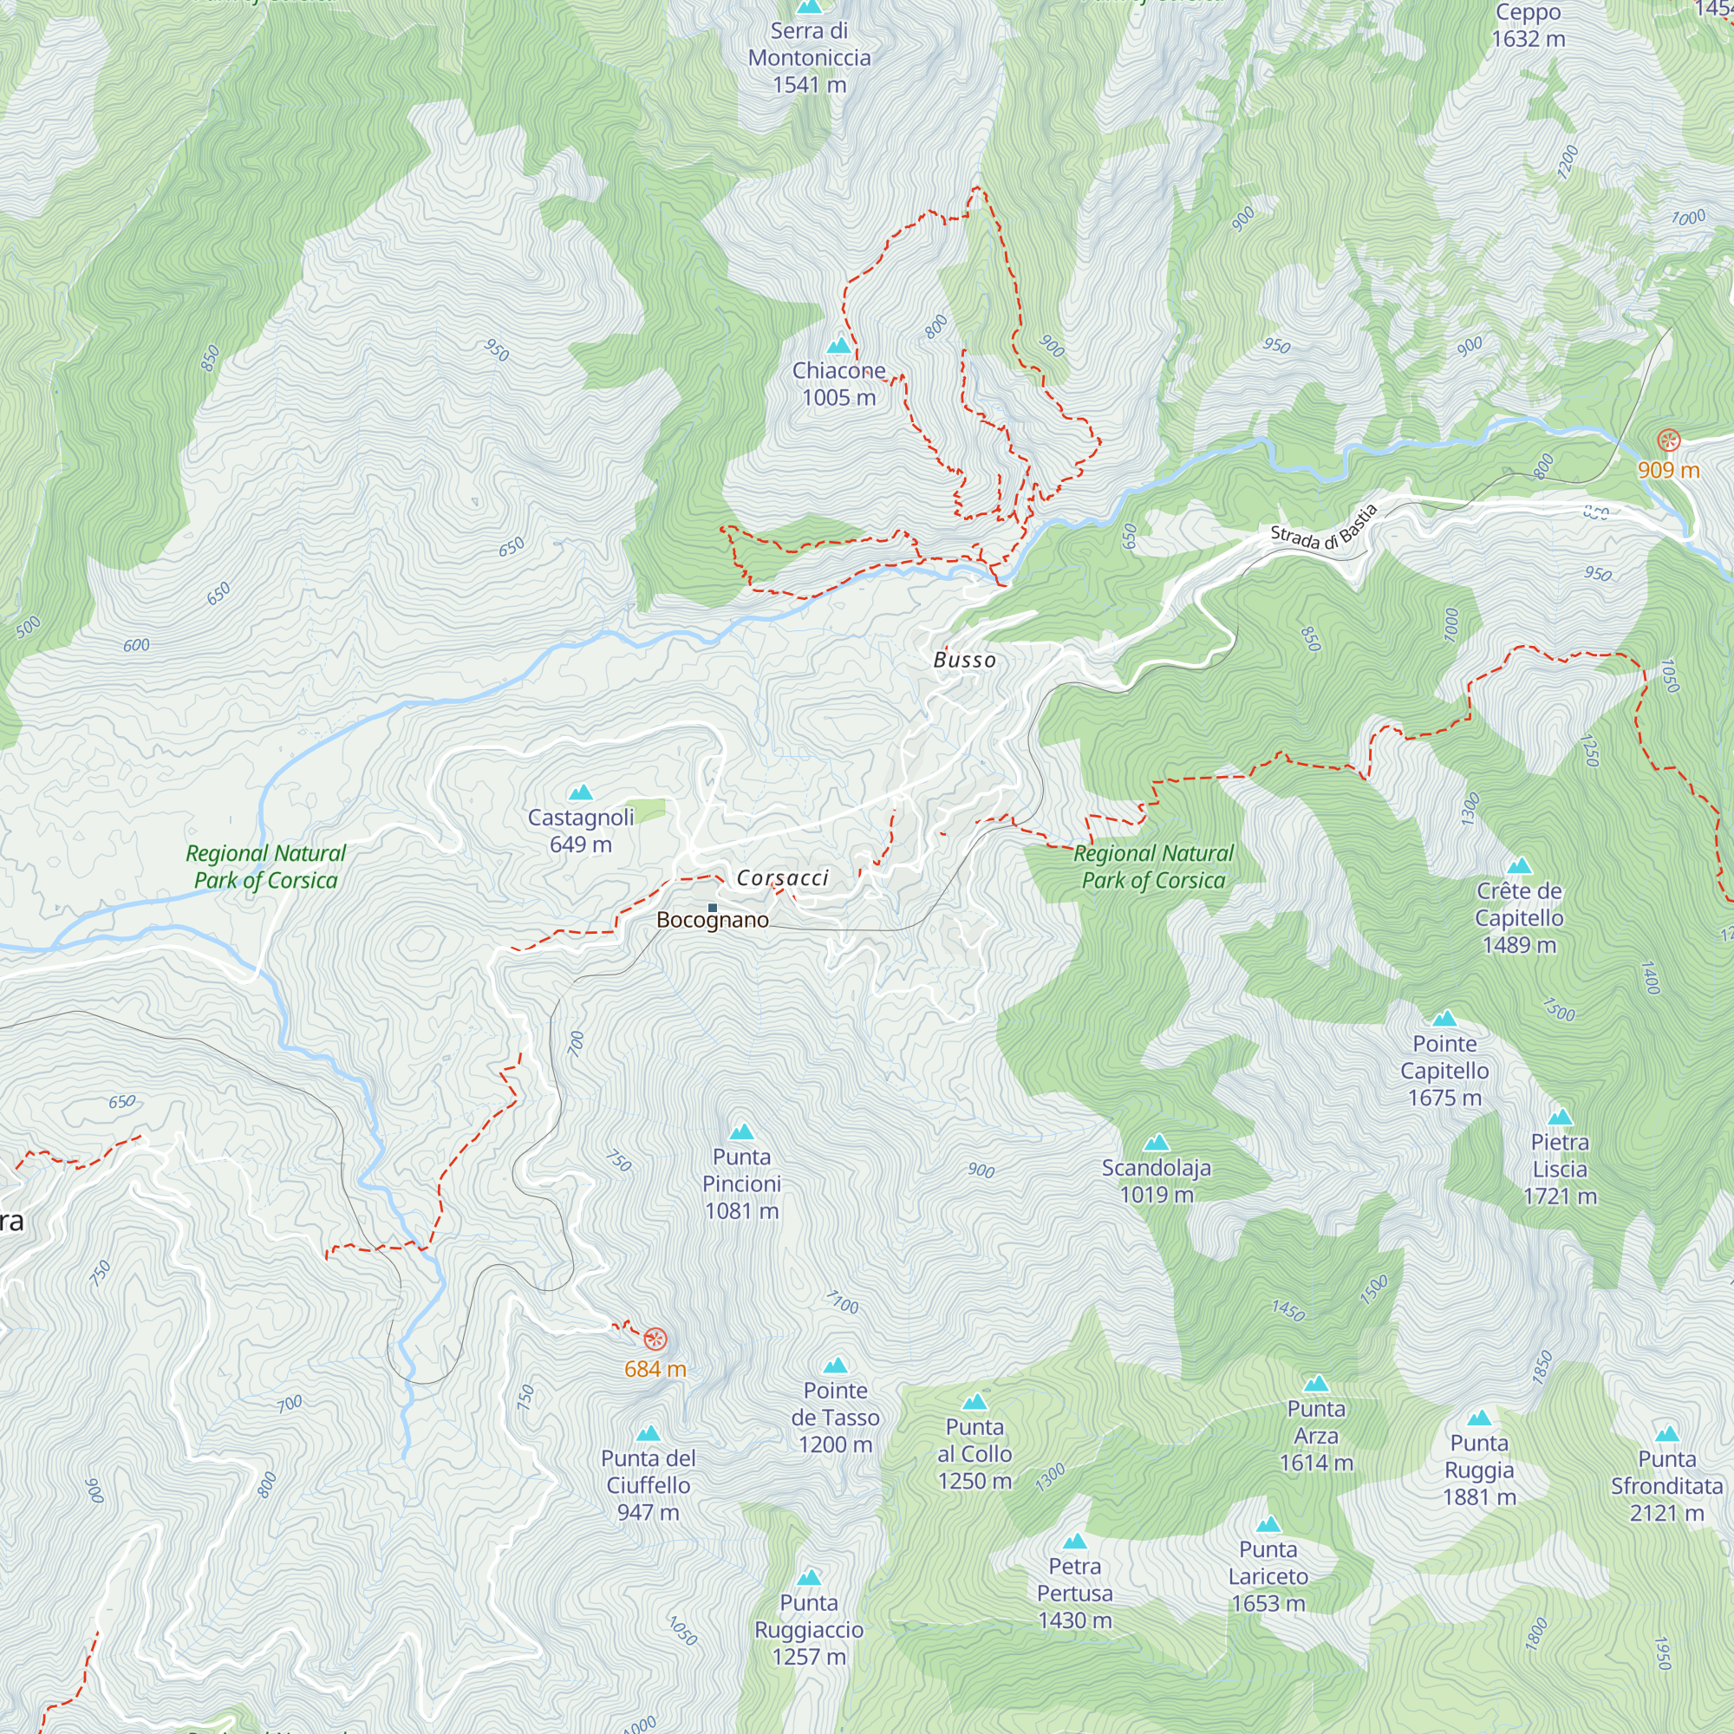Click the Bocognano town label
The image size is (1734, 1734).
pyautogui.click(x=713, y=920)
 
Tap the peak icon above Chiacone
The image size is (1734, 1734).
pyautogui.click(x=839, y=346)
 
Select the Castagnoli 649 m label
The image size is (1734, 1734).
pyautogui.click(x=581, y=831)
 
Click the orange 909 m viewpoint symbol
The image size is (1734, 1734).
pyautogui.click(x=1667, y=440)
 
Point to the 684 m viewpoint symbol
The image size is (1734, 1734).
pyautogui.click(x=656, y=1340)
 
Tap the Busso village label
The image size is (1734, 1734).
pyautogui.click(x=965, y=661)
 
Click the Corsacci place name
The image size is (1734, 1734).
pyautogui.click(x=783, y=877)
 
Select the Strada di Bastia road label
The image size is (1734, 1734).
pyautogui.click(x=1324, y=529)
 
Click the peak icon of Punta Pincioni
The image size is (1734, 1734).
pyautogui.click(x=741, y=1131)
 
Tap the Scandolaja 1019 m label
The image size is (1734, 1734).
pyautogui.click(x=1156, y=1180)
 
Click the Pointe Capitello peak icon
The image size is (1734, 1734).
pyautogui.click(x=1444, y=1019)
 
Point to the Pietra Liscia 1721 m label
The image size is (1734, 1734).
pyautogui.click(x=1560, y=1169)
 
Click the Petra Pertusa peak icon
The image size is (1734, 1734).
pyautogui.click(x=1074, y=1542)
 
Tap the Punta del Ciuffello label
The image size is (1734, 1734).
pyautogui.click(x=648, y=1484)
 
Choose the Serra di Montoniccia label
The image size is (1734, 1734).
pyautogui.click(x=810, y=57)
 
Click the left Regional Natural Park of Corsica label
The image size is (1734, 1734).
pyautogui.click(x=265, y=866)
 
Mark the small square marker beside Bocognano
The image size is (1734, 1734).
pyautogui.click(x=713, y=909)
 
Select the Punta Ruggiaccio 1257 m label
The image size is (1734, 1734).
pyautogui.click(x=809, y=1629)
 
